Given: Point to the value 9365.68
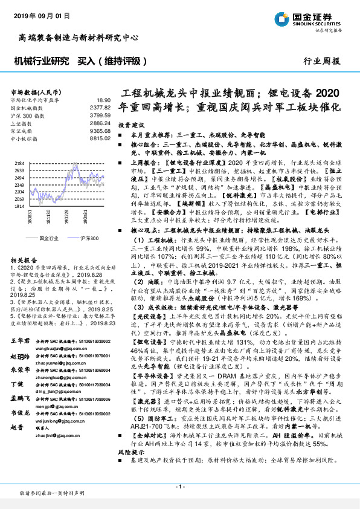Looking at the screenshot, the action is (100, 130).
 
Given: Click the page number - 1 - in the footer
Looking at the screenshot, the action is (179, 486).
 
